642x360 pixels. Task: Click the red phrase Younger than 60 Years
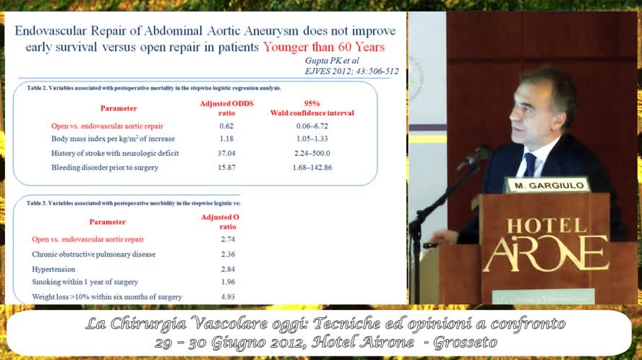[x=323, y=47]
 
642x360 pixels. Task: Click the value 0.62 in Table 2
[x=217, y=126]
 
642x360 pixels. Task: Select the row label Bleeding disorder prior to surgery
[x=104, y=168]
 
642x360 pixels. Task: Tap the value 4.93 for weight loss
[x=227, y=296]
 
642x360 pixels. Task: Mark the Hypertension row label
[x=54, y=268]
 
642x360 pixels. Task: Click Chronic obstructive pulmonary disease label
[x=93, y=254]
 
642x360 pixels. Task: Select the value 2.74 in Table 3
[x=227, y=239]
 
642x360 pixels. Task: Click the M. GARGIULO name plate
[x=547, y=184]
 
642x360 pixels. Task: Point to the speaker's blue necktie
[x=530, y=164]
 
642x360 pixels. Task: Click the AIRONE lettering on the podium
[x=545, y=252]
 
